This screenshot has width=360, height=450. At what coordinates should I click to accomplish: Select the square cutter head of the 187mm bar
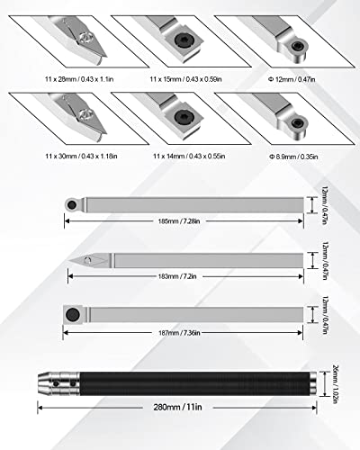click(x=69, y=315)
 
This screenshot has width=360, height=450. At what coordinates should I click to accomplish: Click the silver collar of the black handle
click(x=59, y=382)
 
